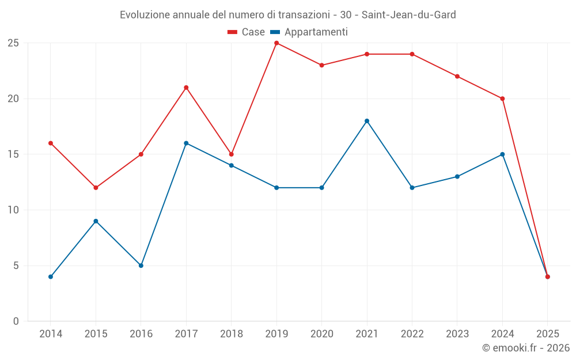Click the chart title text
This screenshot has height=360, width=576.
(x=287, y=15)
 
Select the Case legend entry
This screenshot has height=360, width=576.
(x=247, y=32)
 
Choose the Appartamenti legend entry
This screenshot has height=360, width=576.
(x=309, y=32)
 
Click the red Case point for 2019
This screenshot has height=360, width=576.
(x=276, y=43)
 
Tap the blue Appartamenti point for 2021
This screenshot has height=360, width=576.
(x=367, y=121)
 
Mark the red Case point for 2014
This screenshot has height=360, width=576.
(x=51, y=143)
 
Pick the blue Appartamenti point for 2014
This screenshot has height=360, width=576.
(x=51, y=277)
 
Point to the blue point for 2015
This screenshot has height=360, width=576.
(x=96, y=221)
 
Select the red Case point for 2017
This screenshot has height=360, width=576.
(x=186, y=88)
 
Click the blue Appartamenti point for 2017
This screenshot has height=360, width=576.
(x=186, y=143)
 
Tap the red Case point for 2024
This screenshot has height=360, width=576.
(x=502, y=98)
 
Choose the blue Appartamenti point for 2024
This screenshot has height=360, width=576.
(x=502, y=154)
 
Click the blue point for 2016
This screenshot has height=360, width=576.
(x=141, y=266)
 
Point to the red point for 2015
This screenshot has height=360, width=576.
(x=96, y=188)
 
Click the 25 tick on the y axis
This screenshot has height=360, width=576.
(x=13, y=43)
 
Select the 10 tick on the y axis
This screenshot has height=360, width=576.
(x=13, y=210)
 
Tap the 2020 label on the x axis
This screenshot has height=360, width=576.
(x=321, y=334)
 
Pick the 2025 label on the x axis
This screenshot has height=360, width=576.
(x=548, y=334)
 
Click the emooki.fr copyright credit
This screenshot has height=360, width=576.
(x=525, y=348)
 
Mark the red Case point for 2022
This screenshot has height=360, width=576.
(x=412, y=54)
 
